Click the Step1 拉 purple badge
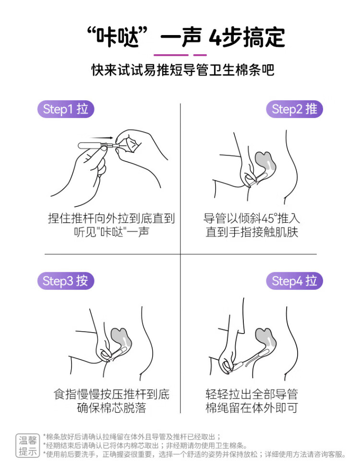tap(65, 109)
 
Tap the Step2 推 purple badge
tap(294, 109)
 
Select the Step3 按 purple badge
tap(65, 281)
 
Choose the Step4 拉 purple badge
tap(294, 281)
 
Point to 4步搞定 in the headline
tap(247, 37)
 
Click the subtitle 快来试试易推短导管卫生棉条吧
tap(182, 70)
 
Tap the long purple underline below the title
tap(171, 55)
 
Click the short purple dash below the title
tap(200, 55)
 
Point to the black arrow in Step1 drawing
tap(101, 138)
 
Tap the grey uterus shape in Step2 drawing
tap(265, 164)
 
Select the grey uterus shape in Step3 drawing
tap(121, 339)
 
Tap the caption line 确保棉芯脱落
tap(112, 408)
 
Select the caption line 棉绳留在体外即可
tap(252, 408)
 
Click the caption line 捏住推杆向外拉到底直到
tap(111, 218)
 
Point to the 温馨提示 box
tap(27, 445)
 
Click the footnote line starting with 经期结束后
tap(145, 445)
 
